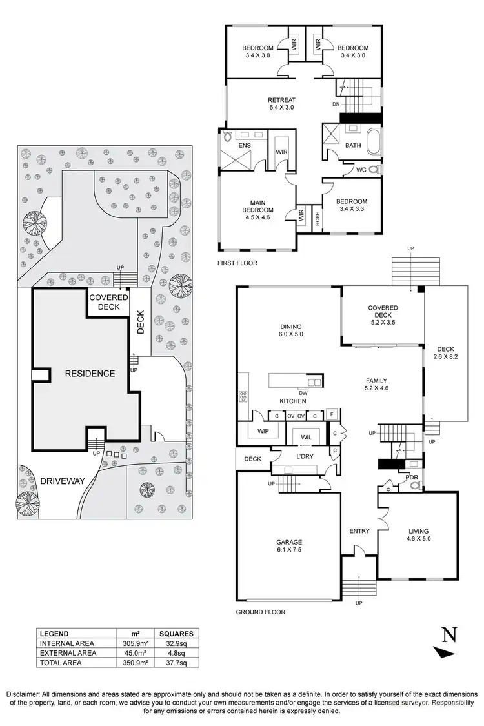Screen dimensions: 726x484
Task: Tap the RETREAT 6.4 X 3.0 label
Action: pos(281,104)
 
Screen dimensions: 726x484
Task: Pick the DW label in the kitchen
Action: pos(303,392)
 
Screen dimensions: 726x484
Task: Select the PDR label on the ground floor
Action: pos(411,478)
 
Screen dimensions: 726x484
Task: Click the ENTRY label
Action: pos(359,531)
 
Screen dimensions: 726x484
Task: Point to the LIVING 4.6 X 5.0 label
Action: pos(418,535)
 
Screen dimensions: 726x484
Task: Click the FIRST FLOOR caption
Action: pos(238,263)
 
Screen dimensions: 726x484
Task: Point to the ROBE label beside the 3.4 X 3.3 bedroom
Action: pos(317,218)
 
